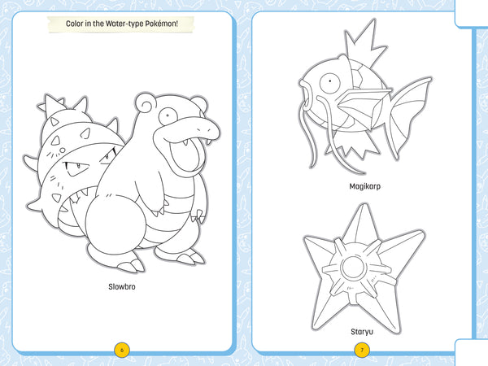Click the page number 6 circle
[x=122, y=351]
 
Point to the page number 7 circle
[x=362, y=351]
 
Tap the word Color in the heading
[x=79, y=24]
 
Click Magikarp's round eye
[x=329, y=82]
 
